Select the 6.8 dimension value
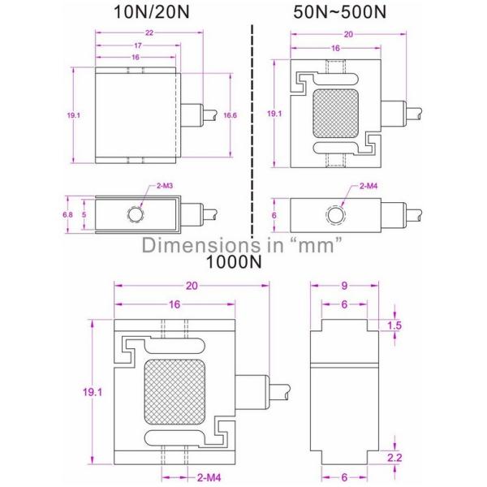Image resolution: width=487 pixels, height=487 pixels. (69, 215)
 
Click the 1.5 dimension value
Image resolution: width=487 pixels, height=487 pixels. (395, 325)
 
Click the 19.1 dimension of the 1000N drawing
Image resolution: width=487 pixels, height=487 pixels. (93, 391)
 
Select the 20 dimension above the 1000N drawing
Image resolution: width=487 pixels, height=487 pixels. (192, 285)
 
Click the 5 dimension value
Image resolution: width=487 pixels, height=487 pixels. (84, 215)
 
